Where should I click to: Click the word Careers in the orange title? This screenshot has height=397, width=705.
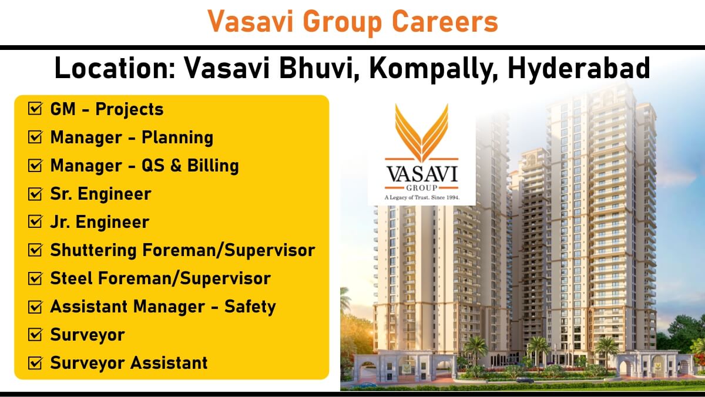[x=445, y=21]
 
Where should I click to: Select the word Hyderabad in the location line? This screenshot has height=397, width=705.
[x=579, y=69]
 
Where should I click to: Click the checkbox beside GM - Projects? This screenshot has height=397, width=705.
[x=35, y=109]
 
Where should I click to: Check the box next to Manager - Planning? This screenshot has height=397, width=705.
[x=35, y=137]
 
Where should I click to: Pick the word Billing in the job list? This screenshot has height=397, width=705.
[x=213, y=166]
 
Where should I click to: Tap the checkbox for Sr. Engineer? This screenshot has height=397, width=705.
[x=35, y=193]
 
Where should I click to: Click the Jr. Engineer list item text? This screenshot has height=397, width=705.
[x=99, y=223]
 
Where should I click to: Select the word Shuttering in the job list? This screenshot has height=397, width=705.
[x=93, y=251]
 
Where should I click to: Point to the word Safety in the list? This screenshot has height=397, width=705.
[x=250, y=307]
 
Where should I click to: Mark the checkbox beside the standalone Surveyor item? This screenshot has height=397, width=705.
[x=35, y=335]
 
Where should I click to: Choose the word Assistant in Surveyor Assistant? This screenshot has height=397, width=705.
[x=169, y=363]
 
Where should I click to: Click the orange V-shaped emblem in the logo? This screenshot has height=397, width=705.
[x=421, y=133]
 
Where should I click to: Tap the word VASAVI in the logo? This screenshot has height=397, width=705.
[x=421, y=174]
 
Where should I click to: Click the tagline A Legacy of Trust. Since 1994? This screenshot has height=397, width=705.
[x=422, y=197]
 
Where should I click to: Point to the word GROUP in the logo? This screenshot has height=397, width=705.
[x=422, y=188]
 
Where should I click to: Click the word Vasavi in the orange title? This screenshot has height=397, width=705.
[x=250, y=21]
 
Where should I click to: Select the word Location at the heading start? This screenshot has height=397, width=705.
[x=115, y=68]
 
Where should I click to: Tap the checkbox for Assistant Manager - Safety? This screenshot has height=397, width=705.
[x=35, y=307]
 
